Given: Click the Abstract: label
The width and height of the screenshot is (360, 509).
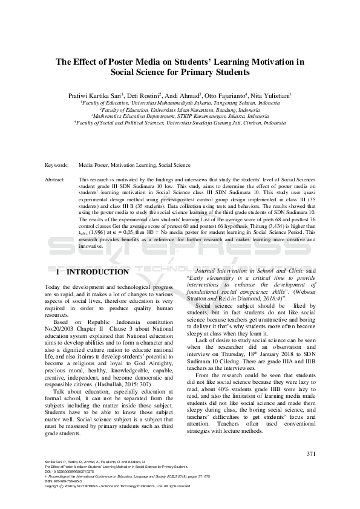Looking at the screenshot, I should click(56, 180).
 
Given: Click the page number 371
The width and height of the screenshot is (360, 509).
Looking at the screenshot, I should click(311, 453).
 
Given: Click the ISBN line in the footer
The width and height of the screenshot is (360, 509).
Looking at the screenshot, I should click(65, 481).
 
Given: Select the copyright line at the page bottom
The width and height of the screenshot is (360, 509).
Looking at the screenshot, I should click(114, 486).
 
